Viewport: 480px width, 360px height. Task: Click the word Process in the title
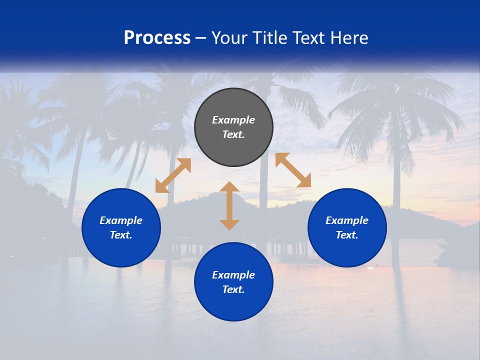[157, 37]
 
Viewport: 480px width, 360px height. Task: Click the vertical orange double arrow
[229, 205]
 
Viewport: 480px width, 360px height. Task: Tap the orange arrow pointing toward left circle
[173, 175]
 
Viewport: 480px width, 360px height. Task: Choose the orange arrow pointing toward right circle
[293, 170]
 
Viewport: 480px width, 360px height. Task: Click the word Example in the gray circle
[233, 120]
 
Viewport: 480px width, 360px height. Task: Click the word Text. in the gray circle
[233, 134]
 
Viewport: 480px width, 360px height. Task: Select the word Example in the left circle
[121, 220]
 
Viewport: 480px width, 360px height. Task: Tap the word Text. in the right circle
[347, 235]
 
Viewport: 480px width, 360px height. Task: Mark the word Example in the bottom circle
[233, 275]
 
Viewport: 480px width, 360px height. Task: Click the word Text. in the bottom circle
[233, 289]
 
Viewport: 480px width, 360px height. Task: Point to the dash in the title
[201, 37]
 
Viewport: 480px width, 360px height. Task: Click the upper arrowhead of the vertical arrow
[229, 187]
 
